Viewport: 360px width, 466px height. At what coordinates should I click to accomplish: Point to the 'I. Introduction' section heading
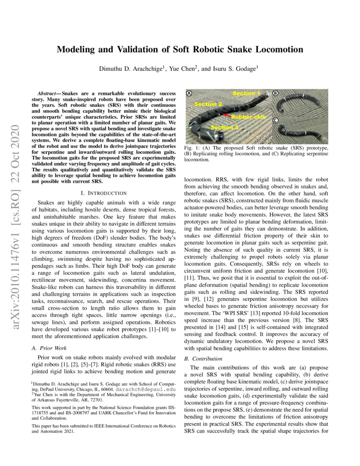click(x=100, y=193)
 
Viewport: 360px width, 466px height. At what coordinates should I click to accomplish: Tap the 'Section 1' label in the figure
click(x=246, y=93)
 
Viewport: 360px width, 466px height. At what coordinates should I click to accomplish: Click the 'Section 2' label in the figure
click(x=208, y=104)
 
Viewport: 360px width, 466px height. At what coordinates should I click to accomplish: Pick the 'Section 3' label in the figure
click(x=224, y=127)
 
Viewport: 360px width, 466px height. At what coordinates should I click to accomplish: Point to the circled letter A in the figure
click(x=190, y=93)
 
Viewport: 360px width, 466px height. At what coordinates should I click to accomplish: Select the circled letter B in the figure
click(x=275, y=93)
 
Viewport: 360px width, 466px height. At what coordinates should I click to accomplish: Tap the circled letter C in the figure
click(x=275, y=120)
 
